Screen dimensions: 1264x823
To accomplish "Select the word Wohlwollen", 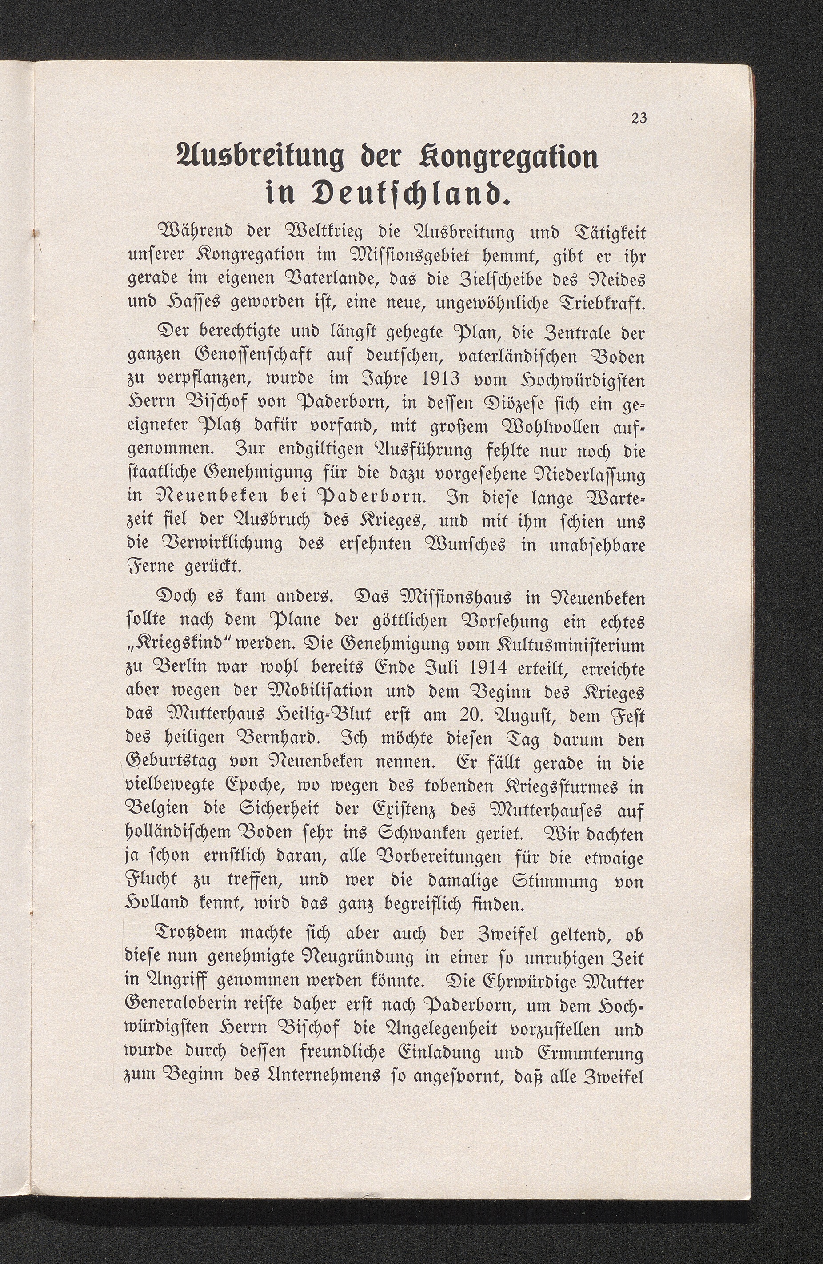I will (x=544, y=428).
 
